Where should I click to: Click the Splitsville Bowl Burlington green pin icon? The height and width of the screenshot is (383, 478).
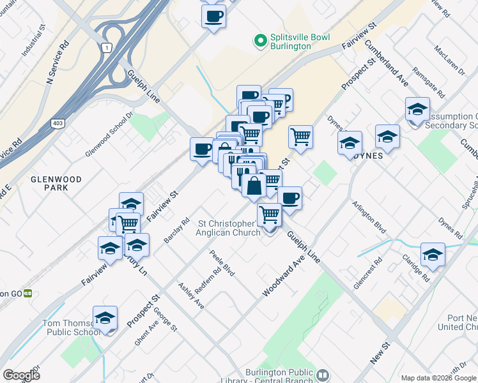(x=260, y=41)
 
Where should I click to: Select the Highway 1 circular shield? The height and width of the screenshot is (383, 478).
(x=106, y=47)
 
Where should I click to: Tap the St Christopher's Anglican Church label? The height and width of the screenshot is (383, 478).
(x=229, y=228)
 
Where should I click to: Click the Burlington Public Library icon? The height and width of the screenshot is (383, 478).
(x=322, y=375)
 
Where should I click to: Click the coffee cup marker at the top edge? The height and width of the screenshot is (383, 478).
(x=213, y=15)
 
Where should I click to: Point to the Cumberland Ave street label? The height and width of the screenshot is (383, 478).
(x=386, y=64)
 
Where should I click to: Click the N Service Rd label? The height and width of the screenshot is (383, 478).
(x=58, y=64)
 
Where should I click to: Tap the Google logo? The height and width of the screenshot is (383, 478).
(x=21, y=375)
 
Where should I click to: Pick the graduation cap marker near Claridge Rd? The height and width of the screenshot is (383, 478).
(x=433, y=254)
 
